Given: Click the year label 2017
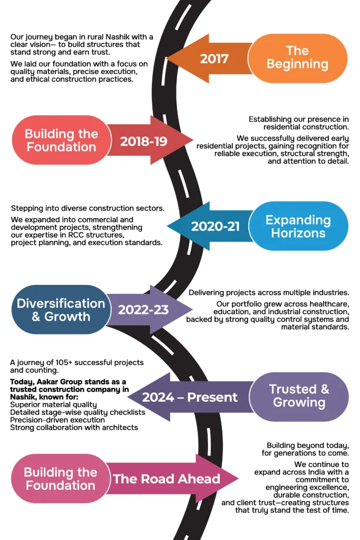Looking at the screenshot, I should pos(214,58).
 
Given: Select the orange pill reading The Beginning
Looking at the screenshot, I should pos(297,57).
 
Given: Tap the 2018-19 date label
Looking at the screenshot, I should pos(143,141).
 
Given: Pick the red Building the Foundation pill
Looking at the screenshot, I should pos(61,140).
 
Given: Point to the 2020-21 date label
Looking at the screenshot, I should pos(215,226).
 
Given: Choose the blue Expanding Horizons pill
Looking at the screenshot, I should pos(298,226).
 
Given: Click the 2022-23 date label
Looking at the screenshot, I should pos(143,310).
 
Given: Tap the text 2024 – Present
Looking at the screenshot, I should pos(190,397).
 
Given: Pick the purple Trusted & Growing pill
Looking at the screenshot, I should pos(299,396).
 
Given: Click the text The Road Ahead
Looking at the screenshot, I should pos(167,479).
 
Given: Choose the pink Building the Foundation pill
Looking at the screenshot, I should pos(60,478).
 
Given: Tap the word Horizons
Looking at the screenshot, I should pos(298,233).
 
